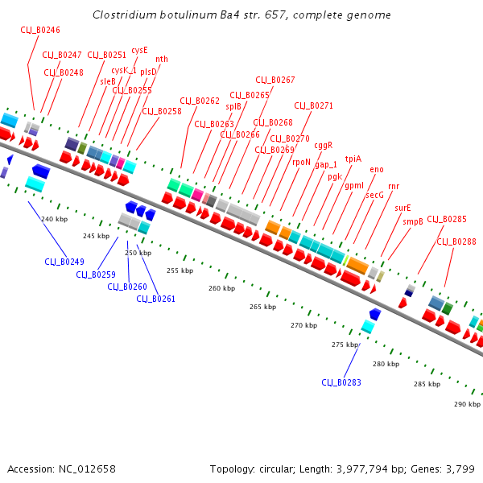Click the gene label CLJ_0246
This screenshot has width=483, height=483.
(40, 30)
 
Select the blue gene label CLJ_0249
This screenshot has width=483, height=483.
(64, 262)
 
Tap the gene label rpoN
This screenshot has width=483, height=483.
(301, 162)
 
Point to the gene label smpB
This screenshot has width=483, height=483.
(413, 221)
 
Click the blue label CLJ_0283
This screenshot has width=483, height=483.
(341, 382)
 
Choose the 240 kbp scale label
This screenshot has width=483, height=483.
(53, 220)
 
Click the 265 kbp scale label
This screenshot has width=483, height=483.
(262, 307)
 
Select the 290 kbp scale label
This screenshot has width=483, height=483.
(466, 403)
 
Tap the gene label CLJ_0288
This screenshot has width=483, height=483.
(456, 241)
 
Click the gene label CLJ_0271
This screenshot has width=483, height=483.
(313, 105)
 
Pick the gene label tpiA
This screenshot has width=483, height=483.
(353, 159)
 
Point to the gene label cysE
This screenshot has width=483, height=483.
(140, 50)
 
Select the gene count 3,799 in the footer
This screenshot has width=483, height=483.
(459, 469)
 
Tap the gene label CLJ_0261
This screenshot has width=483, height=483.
(156, 299)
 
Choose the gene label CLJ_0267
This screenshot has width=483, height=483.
(275, 80)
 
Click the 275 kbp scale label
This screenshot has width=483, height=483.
(345, 345)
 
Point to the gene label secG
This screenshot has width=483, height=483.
(375, 195)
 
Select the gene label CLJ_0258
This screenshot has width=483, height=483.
(162, 111)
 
